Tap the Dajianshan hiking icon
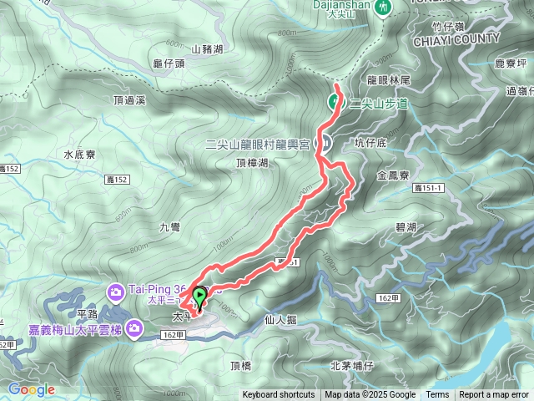(x=384, y=7)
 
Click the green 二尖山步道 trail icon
(x=334, y=103)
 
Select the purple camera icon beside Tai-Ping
(x=116, y=291)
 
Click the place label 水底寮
(x=80, y=155)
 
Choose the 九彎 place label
(x=169, y=226)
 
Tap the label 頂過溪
(x=129, y=99)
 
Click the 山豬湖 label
(x=207, y=50)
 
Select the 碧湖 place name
(x=406, y=226)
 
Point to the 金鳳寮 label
(x=392, y=176)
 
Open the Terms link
(x=437, y=395)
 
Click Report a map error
(x=494, y=395)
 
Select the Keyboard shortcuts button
(x=279, y=395)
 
